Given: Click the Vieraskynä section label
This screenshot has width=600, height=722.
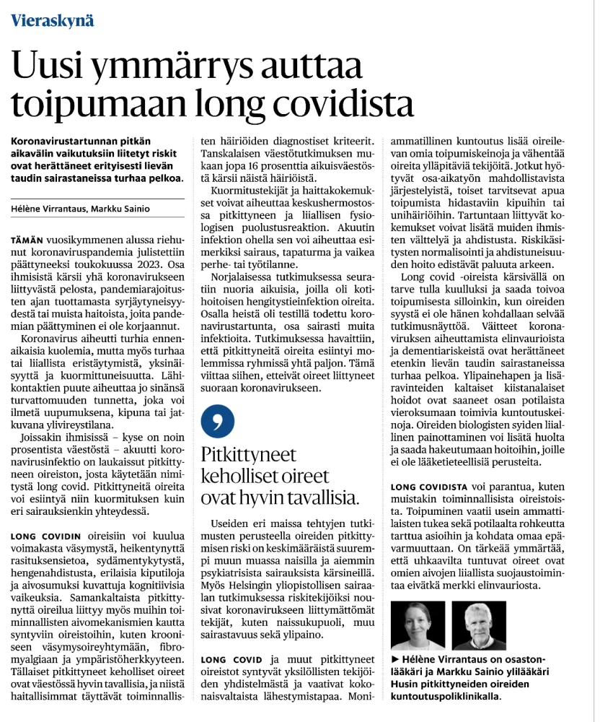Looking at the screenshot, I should point(52,19).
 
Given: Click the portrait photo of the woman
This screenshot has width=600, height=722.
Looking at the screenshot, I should point(418,625).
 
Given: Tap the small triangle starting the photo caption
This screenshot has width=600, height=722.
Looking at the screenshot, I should point(394,660).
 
